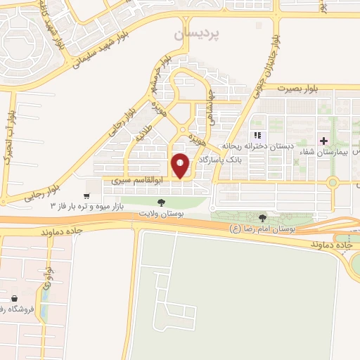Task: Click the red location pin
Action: pyautogui.click(x=181, y=165)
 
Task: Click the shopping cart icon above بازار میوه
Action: pyautogui.click(x=86, y=196)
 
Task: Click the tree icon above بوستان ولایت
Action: pyautogui.click(x=162, y=202)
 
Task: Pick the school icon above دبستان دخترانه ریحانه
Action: pyautogui.click(x=257, y=134)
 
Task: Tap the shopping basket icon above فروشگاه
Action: pyautogui.click(x=15, y=299)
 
